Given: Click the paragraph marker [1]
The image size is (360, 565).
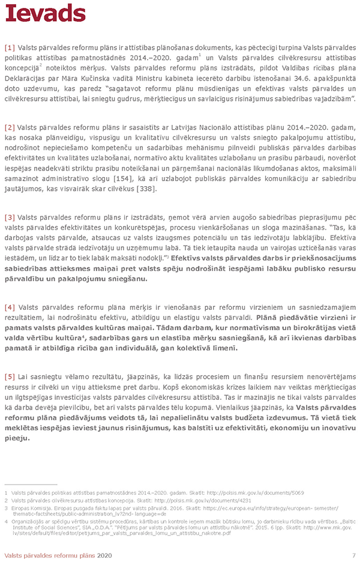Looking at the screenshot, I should click(x=10, y=47).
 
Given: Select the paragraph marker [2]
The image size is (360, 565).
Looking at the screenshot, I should click(x=10, y=128).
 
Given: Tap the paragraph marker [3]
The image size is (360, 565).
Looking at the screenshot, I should click(x=10, y=217).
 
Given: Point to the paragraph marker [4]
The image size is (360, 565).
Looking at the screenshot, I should click(x=10, y=307).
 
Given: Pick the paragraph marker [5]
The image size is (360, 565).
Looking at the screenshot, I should click(x=10, y=376).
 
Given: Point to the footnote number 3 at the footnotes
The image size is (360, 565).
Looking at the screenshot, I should click(x=6, y=508).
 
